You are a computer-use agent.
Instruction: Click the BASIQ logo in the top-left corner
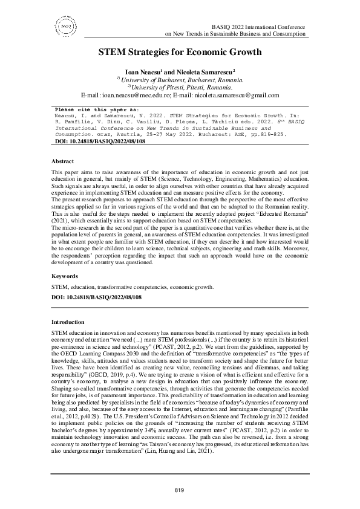(65, 27)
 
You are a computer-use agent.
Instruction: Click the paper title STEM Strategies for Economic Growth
(180, 52)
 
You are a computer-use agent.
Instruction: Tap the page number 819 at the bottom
(179, 489)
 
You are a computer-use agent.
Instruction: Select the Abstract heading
(62, 161)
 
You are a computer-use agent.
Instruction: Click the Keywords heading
(64, 276)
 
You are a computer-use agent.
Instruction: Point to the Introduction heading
(68, 322)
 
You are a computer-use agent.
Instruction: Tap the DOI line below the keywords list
(96, 297)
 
